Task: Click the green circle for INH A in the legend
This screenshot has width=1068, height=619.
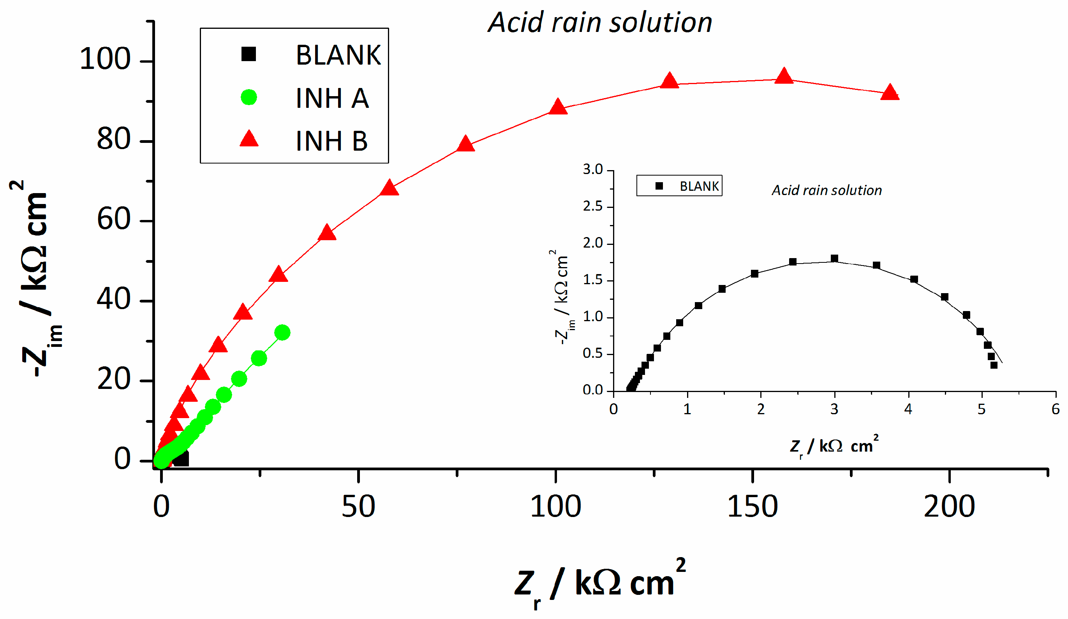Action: point(249,97)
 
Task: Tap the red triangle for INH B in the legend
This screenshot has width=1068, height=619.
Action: point(249,139)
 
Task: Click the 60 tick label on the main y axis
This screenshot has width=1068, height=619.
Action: point(113,220)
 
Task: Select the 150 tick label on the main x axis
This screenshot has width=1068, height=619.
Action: point(752,507)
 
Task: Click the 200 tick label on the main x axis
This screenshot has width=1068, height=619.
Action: point(949,507)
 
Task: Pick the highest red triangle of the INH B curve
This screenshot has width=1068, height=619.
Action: point(784,76)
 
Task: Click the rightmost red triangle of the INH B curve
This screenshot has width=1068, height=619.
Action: point(890,92)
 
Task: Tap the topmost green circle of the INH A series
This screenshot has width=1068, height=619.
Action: point(282,332)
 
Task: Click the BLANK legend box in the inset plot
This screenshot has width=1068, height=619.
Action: point(679,186)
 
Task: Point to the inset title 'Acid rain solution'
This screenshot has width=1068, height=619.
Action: point(827,190)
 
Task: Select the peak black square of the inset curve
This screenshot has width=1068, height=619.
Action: point(834,259)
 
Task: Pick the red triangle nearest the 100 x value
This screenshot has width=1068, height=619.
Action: point(558,107)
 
